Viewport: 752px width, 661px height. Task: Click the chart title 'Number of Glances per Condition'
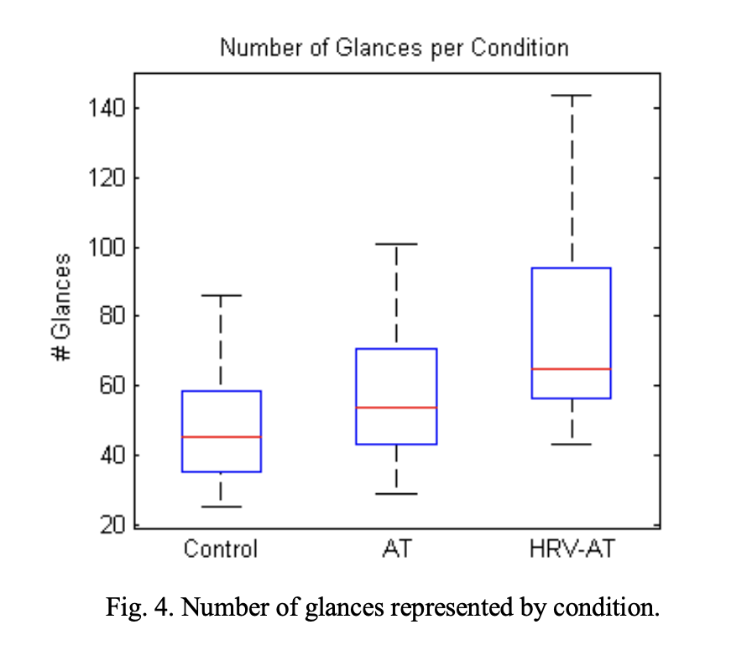point(394,48)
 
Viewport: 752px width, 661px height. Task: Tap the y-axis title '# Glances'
point(61,307)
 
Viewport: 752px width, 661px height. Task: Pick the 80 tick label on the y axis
point(111,317)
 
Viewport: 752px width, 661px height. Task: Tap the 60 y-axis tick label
point(111,387)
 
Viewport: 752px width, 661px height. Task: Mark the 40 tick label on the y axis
point(111,455)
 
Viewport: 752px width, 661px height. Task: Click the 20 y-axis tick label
point(111,525)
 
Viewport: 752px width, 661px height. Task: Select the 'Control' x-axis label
point(221,549)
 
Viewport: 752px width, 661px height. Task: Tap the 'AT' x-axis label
point(396,549)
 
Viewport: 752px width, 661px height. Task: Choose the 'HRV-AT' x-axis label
point(572,549)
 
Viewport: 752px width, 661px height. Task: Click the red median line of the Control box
point(221,437)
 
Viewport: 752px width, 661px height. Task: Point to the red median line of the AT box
point(396,408)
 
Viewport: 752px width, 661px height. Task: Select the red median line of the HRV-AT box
point(572,369)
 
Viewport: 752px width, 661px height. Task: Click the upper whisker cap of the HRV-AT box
point(572,96)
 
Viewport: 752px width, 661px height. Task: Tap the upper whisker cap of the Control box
point(221,295)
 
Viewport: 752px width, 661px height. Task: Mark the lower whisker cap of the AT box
point(396,494)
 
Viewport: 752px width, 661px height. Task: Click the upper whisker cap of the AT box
point(396,244)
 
